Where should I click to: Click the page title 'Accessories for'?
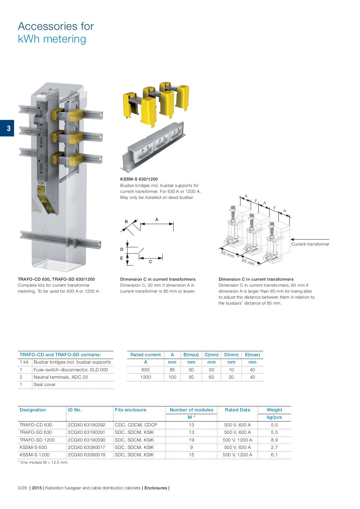pyautogui.click(x=56, y=26)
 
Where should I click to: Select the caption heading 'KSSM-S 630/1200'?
pyautogui.click(x=139, y=179)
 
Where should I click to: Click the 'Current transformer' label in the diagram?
pyautogui.click(x=310, y=244)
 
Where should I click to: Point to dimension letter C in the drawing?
pyautogui.click(x=150, y=262)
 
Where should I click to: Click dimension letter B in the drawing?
pyautogui.click(x=127, y=222)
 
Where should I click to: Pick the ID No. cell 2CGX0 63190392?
pyautogui.click(x=86, y=425)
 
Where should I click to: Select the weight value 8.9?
pyautogui.click(x=274, y=440)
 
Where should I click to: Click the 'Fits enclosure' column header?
pyautogui.click(x=130, y=410)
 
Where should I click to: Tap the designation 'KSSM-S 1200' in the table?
pyautogui.click(x=34, y=455)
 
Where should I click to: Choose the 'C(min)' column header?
pyautogui.click(x=211, y=355)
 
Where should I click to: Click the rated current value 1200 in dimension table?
pyautogui.click(x=146, y=377)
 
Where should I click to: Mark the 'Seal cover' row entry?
pyautogui.click(x=45, y=385)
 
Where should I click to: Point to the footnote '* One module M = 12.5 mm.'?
pyautogui.click(x=43, y=462)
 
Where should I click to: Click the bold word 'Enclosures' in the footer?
pyautogui.click(x=156, y=488)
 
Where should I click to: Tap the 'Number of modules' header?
pyautogui.click(x=191, y=410)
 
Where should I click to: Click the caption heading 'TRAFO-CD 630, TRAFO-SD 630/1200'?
pyautogui.click(x=56, y=279)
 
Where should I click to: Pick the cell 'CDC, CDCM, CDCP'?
pyautogui.click(x=136, y=425)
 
